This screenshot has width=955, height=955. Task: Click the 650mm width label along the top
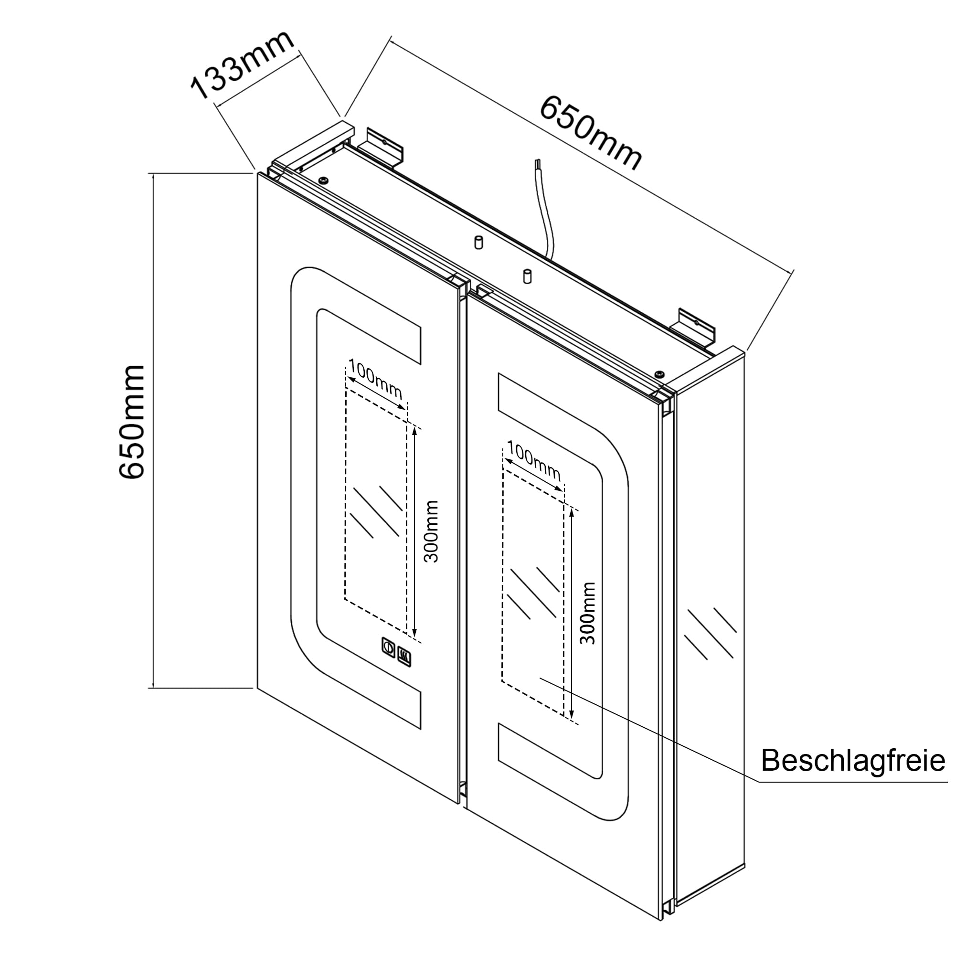tap(591, 132)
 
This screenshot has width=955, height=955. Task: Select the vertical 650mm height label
tap(131, 422)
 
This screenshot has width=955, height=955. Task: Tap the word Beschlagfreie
tap(853, 760)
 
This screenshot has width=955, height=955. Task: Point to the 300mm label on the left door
tap(432, 531)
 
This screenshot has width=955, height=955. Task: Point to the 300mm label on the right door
tap(588, 613)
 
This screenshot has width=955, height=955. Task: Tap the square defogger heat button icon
tap(404, 656)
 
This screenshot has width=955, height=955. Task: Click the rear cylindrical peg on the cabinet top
tap(478, 243)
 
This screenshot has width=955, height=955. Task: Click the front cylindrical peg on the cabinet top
tap(527, 276)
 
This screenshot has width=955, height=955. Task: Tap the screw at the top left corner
tap(323, 180)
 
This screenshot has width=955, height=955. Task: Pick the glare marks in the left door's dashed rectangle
tap(376, 512)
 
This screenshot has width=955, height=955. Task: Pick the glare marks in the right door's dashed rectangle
tap(534, 594)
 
